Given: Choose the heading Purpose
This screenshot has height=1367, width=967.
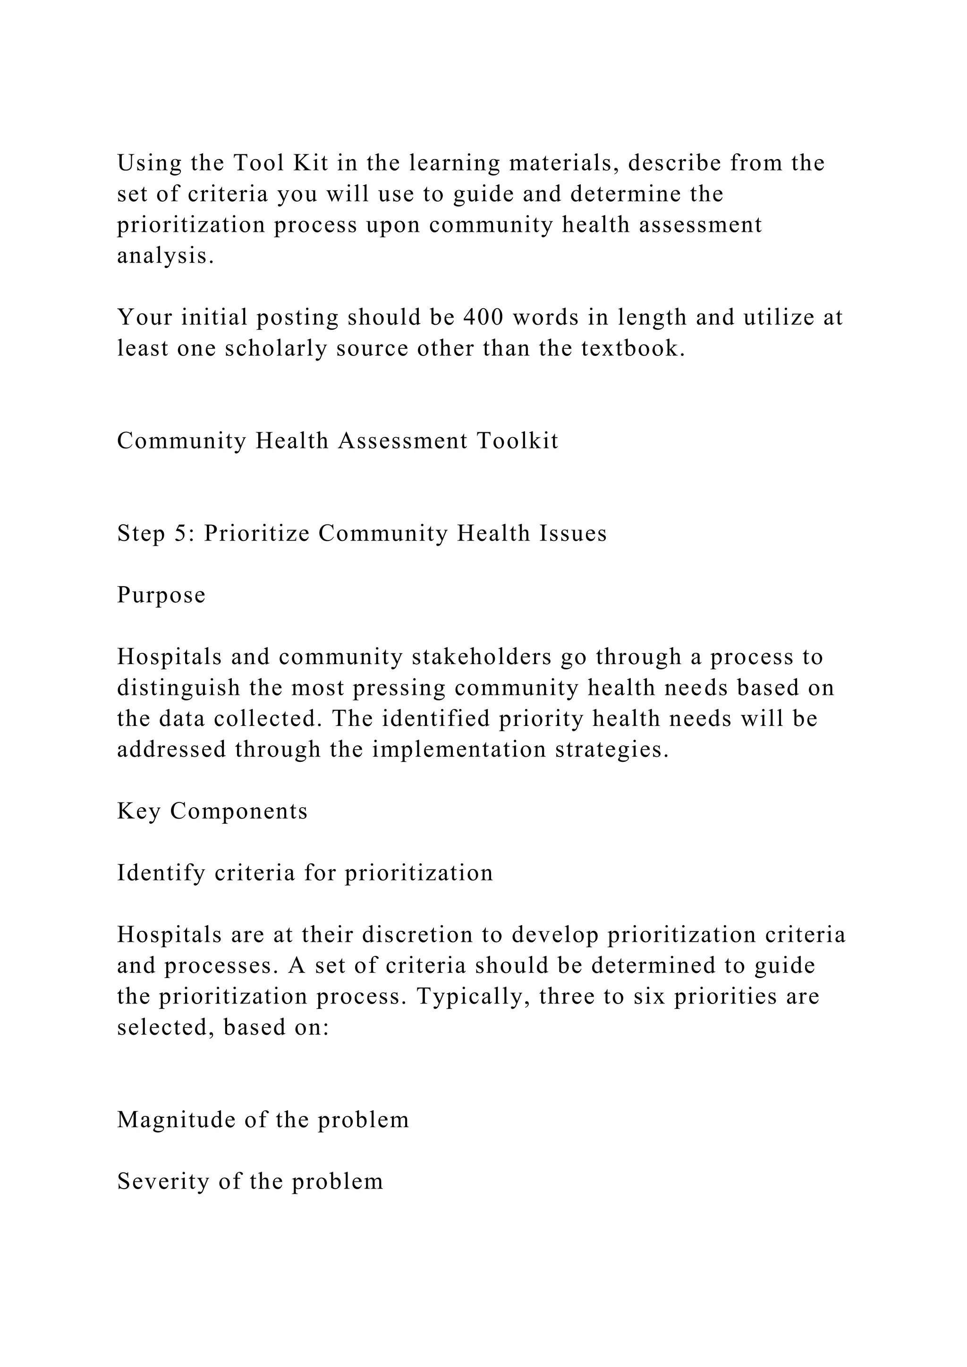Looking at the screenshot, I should point(161,595).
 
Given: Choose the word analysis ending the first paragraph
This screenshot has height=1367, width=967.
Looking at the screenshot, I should point(165,255).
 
